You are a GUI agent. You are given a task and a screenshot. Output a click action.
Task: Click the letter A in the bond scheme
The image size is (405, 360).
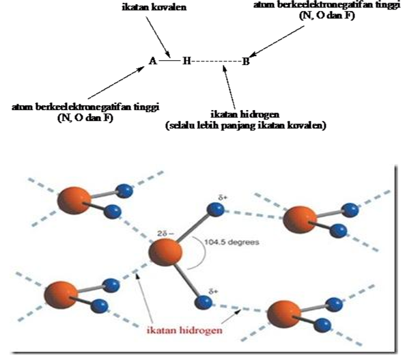click(153, 61)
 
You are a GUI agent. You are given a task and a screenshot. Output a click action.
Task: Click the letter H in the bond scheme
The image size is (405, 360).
click(186, 61)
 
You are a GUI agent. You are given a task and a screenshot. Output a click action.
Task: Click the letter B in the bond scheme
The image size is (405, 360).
click(246, 61)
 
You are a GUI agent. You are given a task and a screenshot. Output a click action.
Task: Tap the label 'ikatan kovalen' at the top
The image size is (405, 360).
click(154, 7)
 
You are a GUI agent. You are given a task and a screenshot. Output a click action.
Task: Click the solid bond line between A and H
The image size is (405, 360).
click(169, 61)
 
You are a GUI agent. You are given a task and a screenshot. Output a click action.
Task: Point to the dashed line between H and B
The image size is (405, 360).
click(217, 61)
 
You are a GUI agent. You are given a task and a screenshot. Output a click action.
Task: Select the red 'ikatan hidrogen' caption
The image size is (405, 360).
click(184, 330)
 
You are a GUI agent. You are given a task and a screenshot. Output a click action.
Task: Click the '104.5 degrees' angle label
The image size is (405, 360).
click(232, 243)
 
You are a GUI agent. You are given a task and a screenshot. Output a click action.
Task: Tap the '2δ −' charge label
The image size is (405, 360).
click(165, 234)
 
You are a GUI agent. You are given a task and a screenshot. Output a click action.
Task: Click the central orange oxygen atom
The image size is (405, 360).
click(165, 252)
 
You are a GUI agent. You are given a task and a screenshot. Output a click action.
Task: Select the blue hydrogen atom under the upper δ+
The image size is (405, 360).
click(215, 209)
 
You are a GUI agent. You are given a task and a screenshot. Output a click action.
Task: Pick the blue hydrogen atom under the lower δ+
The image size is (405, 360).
click(204, 302)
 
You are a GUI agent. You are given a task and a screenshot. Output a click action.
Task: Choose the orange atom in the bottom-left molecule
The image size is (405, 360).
click(61, 295)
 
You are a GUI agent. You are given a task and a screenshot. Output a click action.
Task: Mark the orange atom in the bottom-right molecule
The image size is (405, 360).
click(284, 314)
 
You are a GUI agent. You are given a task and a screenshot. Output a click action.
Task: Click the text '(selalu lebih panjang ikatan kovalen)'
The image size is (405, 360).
click(246, 126)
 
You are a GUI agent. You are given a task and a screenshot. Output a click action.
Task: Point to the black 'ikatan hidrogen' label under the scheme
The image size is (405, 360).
click(245, 114)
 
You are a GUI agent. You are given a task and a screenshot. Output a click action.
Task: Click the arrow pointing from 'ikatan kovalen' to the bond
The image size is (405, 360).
click(158, 37)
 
